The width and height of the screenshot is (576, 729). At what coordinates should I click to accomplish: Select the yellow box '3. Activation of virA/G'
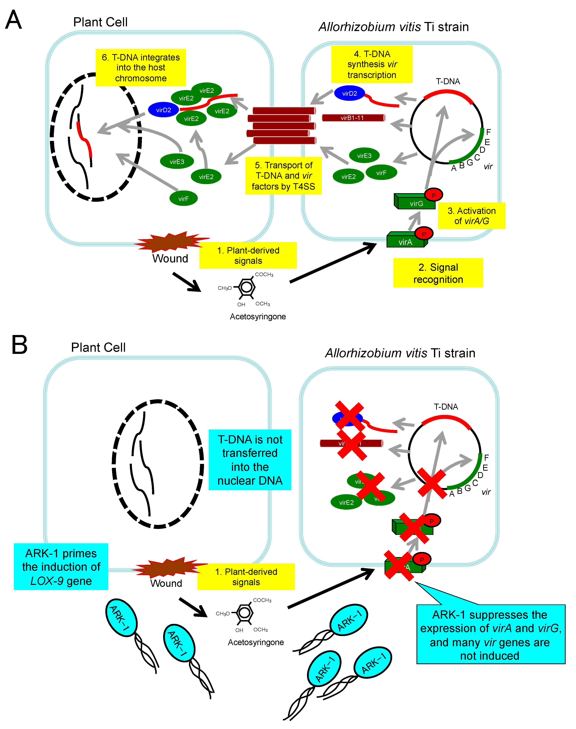(x=471, y=216)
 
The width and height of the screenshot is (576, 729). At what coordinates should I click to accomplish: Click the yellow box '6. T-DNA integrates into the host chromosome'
(x=141, y=67)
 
